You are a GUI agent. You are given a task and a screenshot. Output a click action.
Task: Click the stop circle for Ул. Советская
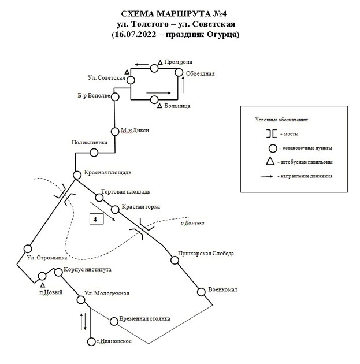132,80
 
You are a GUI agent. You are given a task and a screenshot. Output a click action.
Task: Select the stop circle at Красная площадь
77,174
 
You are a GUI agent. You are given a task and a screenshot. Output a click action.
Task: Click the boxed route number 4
96,218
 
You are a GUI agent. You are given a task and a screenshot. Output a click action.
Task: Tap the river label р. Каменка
192,222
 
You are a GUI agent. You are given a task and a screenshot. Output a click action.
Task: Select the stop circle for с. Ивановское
91,342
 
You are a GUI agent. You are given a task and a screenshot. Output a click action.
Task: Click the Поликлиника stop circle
94,153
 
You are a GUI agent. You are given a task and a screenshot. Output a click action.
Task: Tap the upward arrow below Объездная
184,85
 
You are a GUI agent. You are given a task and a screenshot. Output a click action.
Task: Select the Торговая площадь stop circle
97,195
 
